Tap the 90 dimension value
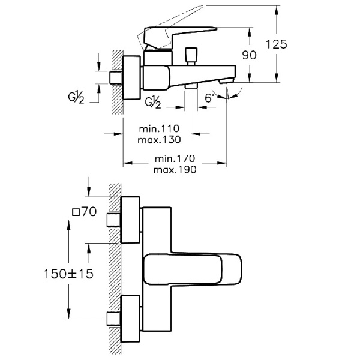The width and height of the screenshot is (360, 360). [250, 55]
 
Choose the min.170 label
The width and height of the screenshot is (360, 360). [175, 159]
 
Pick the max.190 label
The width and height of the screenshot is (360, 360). [175, 170]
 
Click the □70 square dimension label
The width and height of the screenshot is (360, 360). [85, 212]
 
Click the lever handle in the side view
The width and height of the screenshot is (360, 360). [180, 34]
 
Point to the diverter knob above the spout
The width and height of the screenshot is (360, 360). [191, 56]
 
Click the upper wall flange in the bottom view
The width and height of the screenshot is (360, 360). [130, 220]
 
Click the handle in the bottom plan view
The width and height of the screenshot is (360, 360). [192, 268]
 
